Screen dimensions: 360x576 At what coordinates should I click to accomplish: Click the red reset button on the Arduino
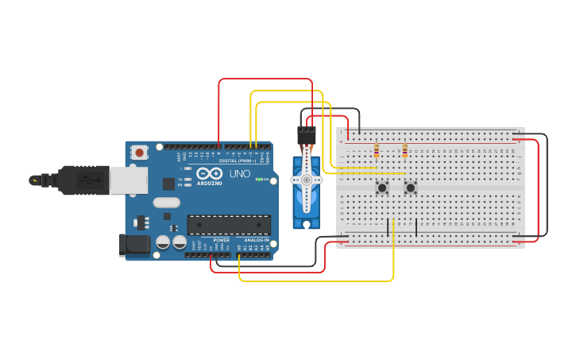coord(140,152)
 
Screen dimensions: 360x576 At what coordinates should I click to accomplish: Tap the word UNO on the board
coord(240,174)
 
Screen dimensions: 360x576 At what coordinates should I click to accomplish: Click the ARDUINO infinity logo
coord(210,173)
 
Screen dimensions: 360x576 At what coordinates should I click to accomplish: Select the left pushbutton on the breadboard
coord(382,188)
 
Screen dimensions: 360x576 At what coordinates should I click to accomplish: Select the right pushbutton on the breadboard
coord(410,188)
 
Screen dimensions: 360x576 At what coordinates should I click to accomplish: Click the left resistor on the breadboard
coord(376,151)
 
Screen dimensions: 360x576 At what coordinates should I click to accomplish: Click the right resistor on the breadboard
coord(404,151)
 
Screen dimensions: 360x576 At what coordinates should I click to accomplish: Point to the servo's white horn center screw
coord(306,180)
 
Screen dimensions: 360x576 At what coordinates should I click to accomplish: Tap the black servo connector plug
coord(307,134)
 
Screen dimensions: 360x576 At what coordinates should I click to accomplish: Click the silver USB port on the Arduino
coord(127,180)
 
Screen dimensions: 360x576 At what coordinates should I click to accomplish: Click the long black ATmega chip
coord(229,225)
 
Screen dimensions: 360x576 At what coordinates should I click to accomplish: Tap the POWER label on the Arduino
coord(221,239)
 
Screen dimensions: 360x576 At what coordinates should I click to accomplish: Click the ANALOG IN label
coord(256,239)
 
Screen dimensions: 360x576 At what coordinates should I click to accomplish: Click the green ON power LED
coord(257,180)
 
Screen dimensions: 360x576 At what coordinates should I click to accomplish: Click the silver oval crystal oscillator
coord(167,203)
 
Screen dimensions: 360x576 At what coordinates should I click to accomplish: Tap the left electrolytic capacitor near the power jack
coord(163,242)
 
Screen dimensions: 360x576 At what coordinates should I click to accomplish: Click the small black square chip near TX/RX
coord(168,184)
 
